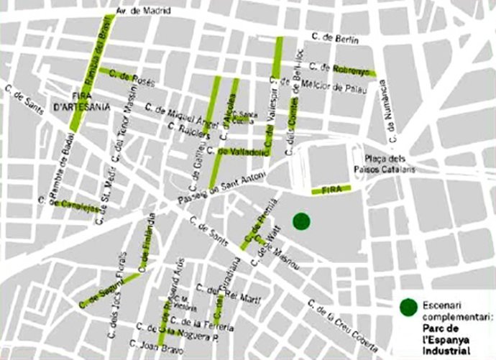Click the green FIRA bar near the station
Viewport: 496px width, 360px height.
[331, 190]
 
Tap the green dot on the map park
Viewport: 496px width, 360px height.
[301, 221]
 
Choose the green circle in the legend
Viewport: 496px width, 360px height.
[409, 308]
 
